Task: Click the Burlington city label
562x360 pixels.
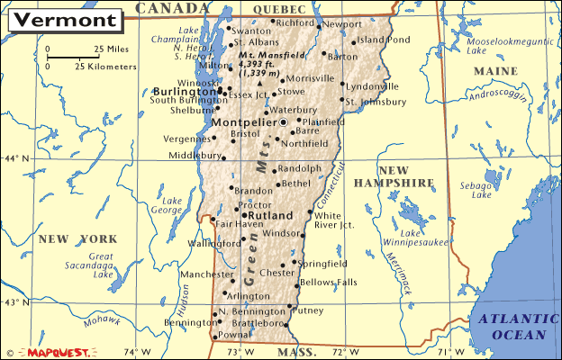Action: (x=183, y=91)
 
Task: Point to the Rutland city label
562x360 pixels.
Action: (x=272, y=216)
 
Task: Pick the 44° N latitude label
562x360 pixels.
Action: (x=16, y=159)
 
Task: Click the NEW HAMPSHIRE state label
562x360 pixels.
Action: (x=406, y=176)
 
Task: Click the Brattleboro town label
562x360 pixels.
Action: (x=256, y=322)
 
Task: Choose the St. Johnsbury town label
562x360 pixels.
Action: (x=371, y=101)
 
